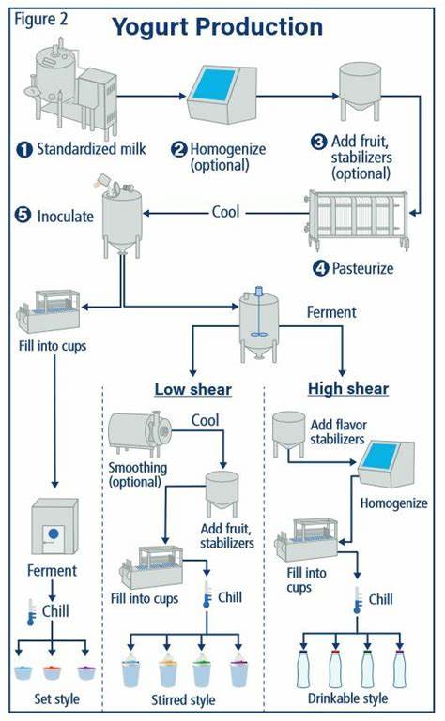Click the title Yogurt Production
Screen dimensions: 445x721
218,26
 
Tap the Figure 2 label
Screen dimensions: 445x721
41,20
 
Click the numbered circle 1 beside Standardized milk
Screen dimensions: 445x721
24,149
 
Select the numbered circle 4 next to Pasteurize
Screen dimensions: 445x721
320,268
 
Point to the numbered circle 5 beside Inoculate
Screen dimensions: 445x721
23,215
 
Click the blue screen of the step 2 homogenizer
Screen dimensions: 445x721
214,84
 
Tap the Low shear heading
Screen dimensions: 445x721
193,389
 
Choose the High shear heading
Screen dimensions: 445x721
348,388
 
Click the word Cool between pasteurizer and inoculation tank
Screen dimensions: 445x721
225,212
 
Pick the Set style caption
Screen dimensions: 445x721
56,698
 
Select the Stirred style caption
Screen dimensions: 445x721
183,699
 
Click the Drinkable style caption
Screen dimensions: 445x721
347,698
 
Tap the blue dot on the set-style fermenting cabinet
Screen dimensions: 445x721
54,533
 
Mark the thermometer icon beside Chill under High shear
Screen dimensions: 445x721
358,600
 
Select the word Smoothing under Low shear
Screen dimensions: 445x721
138,468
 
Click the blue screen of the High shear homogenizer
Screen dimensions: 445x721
380,457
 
